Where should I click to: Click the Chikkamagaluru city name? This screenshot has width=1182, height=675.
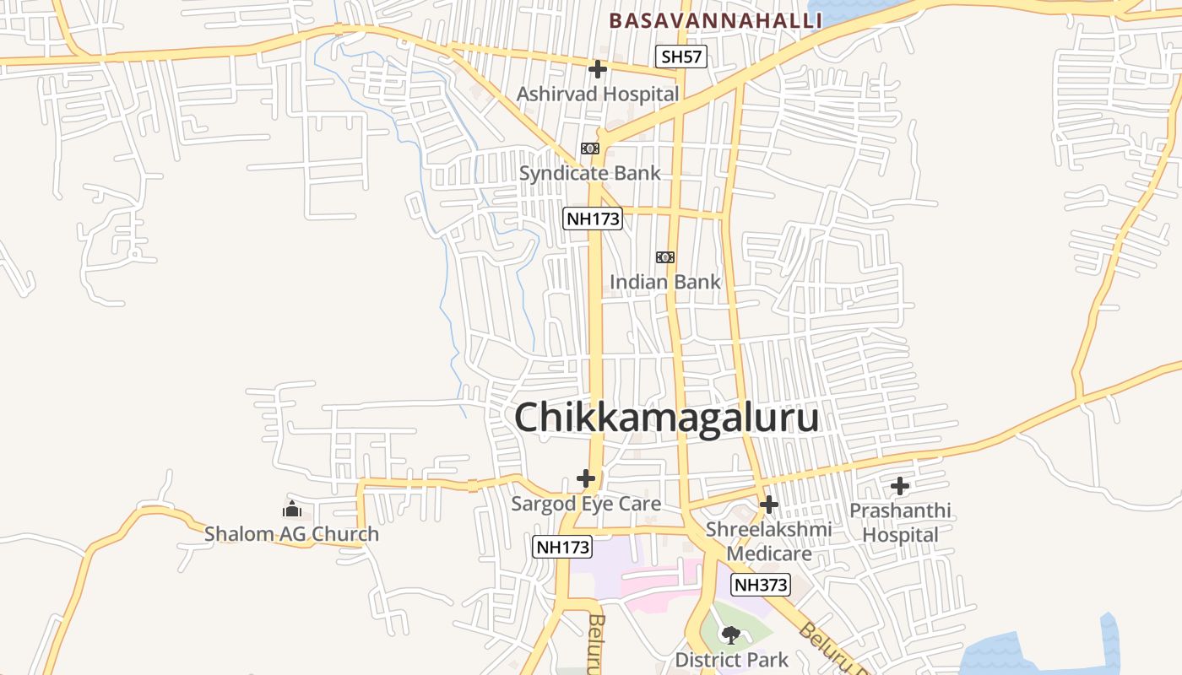[666, 418]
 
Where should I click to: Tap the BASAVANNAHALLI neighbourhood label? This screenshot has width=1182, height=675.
[714, 20]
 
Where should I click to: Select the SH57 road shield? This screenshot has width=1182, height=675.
[681, 57]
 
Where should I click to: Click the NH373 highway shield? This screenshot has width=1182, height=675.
[761, 585]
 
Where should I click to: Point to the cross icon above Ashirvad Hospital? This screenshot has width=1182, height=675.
[598, 69]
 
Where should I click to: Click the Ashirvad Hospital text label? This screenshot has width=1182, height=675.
[598, 94]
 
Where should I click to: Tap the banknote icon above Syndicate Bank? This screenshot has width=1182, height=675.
[590, 148]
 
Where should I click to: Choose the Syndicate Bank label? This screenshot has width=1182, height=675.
[590, 173]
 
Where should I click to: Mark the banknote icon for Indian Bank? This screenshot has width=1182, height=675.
[665, 257]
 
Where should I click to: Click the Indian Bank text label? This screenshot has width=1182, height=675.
[665, 282]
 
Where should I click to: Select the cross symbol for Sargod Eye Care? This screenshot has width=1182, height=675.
[586, 478]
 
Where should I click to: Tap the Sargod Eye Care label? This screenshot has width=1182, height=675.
[586, 504]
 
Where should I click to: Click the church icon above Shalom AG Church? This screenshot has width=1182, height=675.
[292, 509]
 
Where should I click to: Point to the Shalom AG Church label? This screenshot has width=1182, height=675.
[292, 534]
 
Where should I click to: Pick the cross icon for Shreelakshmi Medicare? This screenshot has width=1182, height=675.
[768, 505]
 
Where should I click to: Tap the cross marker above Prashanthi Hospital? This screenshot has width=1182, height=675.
[900, 486]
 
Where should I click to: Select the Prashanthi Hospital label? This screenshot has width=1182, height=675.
[900, 522]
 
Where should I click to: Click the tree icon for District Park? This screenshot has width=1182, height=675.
[731, 634]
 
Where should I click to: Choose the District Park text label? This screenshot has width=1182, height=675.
[731, 659]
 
